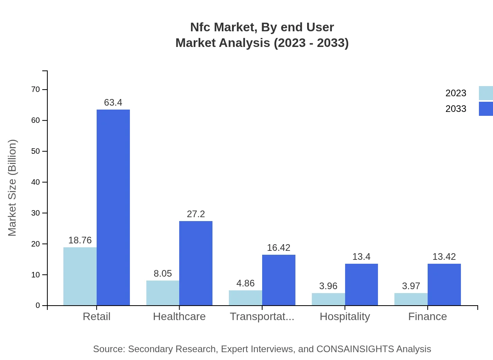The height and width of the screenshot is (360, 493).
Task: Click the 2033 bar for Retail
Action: (113, 207)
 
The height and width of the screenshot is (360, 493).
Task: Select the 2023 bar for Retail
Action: (80, 276)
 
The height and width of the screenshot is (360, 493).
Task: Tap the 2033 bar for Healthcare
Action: (196, 263)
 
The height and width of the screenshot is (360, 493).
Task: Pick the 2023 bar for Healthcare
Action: (163, 293)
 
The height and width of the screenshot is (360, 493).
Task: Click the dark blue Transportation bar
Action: (279, 280)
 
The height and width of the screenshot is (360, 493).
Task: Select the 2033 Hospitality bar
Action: (362, 284)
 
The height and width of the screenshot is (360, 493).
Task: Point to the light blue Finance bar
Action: (411, 299)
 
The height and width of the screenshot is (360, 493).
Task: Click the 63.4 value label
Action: (113, 103)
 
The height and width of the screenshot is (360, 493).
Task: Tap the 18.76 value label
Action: (80, 240)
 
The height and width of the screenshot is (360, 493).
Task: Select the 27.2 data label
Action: (196, 214)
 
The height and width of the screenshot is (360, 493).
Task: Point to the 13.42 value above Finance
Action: (444, 257)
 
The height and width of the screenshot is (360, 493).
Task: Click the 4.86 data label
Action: (245, 283)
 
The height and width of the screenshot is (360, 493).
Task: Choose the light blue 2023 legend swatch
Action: (486, 93)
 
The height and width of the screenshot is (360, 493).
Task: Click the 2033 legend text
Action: (456, 109)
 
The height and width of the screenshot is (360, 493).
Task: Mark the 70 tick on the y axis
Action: (36, 90)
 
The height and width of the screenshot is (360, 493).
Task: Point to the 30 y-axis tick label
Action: (36, 213)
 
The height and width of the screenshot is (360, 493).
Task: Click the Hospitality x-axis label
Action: (345, 317)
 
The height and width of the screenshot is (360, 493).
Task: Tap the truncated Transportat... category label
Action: (262, 317)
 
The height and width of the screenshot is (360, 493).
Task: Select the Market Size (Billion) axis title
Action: (13, 188)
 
